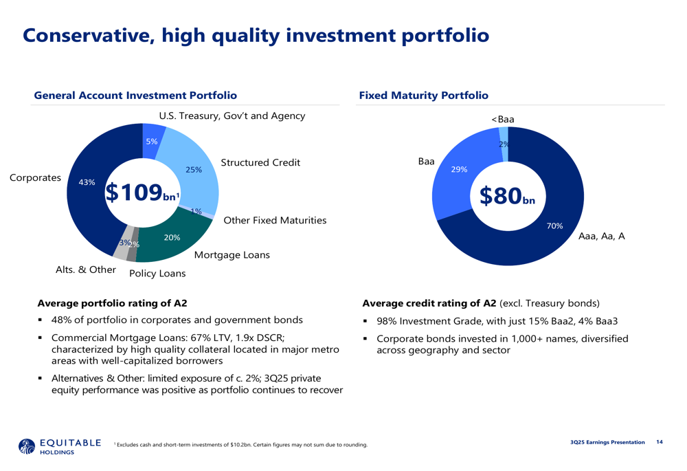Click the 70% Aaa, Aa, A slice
(550, 220)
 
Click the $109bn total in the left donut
(142, 193)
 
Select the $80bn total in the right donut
(507, 195)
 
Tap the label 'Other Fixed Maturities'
(275, 220)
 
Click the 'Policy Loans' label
(157, 274)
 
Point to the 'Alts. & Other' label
(86, 270)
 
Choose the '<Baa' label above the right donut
(503, 119)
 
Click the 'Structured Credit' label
(260, 163)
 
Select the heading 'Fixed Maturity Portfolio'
(424, 96)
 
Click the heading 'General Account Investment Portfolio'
(136, 96)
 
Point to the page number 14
(660, 441)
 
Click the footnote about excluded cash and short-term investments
(240, 446)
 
